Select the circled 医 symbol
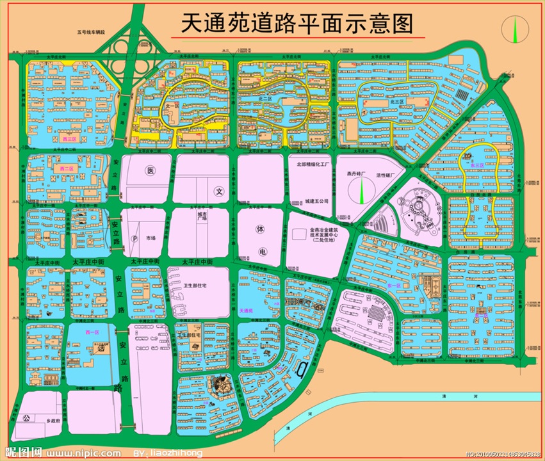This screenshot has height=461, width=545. click(151, 171)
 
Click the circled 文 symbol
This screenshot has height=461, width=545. click(218, 191)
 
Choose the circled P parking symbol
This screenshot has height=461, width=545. click(134, 238)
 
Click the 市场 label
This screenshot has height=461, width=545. click(151, 238)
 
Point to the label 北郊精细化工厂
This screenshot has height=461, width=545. click(312, 165)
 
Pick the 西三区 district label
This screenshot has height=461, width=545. click(69, 138)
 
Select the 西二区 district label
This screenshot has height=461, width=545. click(66, 168)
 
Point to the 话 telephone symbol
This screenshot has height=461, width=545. click(102, 349)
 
